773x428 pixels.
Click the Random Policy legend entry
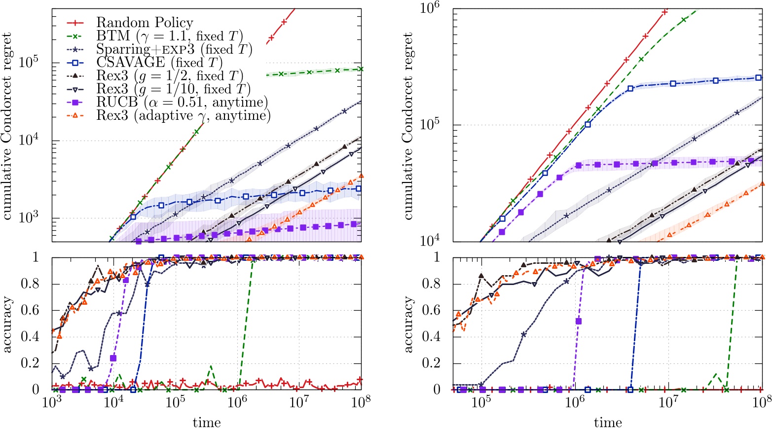tap(144, 22)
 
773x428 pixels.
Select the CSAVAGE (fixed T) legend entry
tap(159, 63)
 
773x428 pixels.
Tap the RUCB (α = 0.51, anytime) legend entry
tap(182, 103)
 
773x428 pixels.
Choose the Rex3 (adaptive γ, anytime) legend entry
tap(183, 116)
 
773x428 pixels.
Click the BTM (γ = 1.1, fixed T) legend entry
tap(169, 36)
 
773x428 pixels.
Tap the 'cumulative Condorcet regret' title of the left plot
tap(8, 126)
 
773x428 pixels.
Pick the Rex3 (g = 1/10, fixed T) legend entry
tap(173, 89)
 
